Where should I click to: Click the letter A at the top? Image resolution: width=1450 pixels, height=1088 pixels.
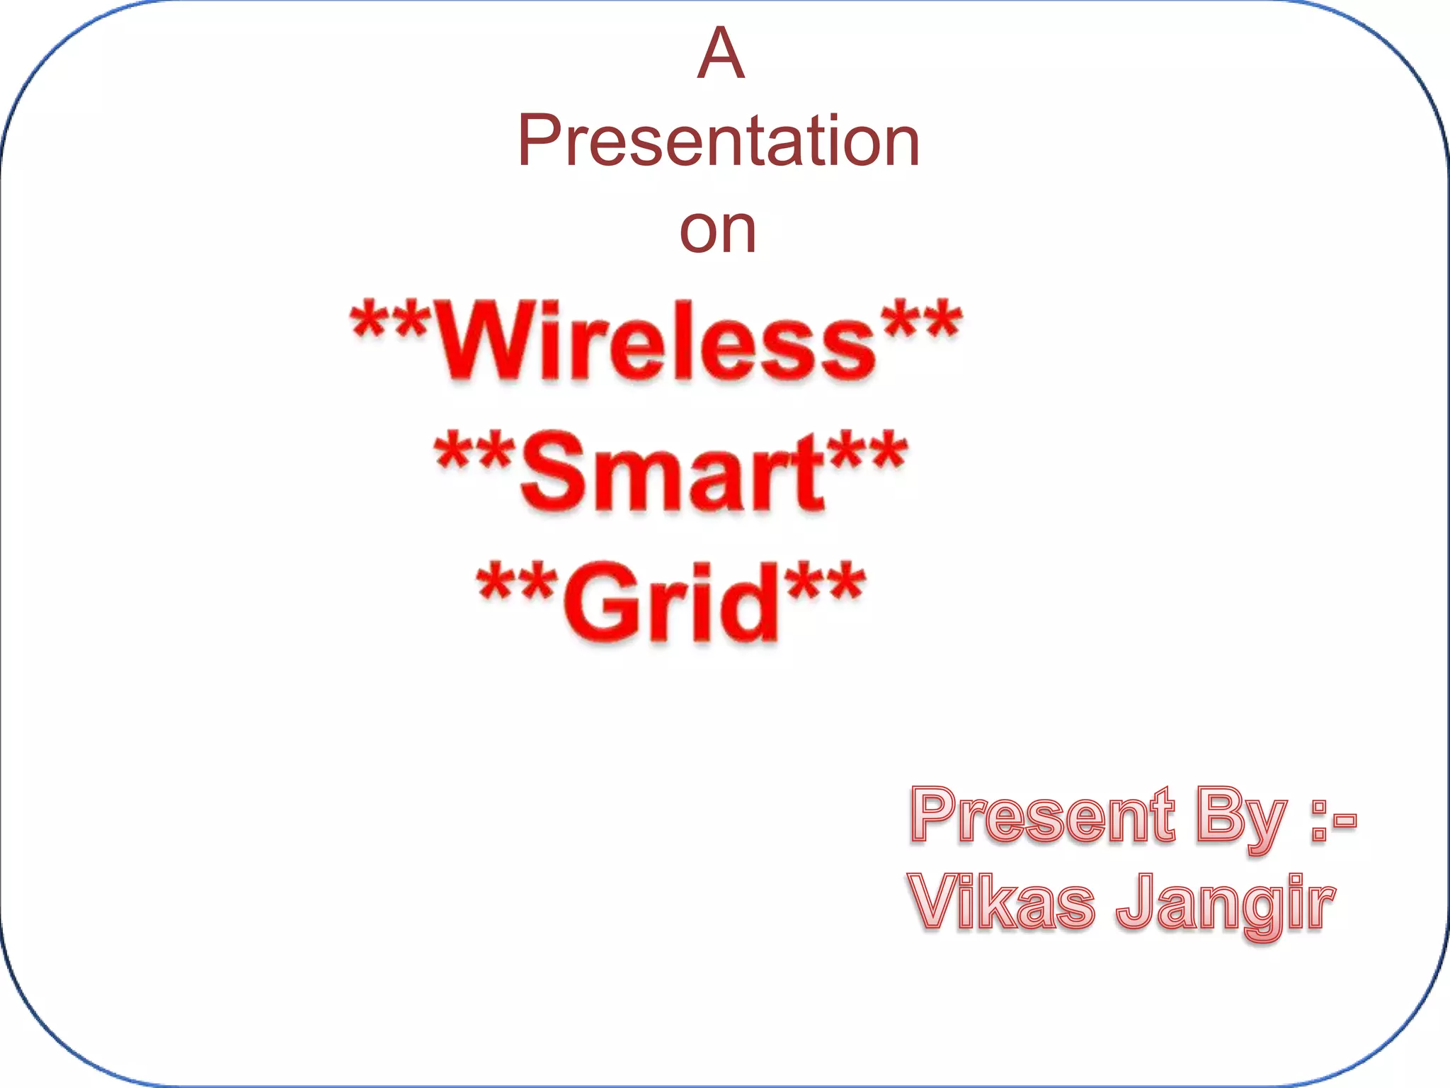tap(721, 54)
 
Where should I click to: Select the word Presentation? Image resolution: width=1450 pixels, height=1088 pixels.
tap(718, 142)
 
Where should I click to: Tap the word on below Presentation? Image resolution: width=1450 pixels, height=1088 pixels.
tap(718, 230)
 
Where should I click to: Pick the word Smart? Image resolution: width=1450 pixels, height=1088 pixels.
tap(673, 471)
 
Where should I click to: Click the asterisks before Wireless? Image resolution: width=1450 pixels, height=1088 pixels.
tap(389, 323)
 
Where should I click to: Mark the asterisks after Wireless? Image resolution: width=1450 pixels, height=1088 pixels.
tap(920, 323)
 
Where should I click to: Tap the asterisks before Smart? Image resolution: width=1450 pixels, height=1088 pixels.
tap(473, 453)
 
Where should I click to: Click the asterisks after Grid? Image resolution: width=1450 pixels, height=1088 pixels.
tap(826, 584)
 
